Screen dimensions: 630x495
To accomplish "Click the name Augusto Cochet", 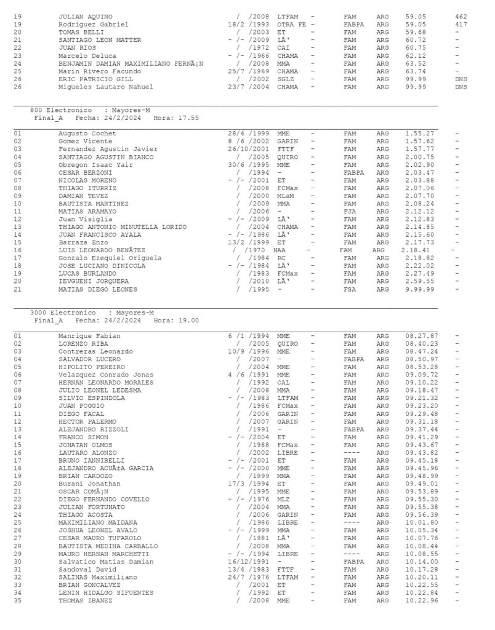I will coord(85,134).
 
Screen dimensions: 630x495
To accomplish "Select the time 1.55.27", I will coord(420,134).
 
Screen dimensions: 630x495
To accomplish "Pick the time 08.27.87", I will coord(421,336).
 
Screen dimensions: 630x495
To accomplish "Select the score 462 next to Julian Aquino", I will coord(461,17).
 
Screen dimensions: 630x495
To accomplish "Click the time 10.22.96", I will coord(421,600).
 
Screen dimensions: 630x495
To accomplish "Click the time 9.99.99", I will coord(420,289).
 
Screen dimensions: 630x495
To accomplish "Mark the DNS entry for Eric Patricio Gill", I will coord(461,79).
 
